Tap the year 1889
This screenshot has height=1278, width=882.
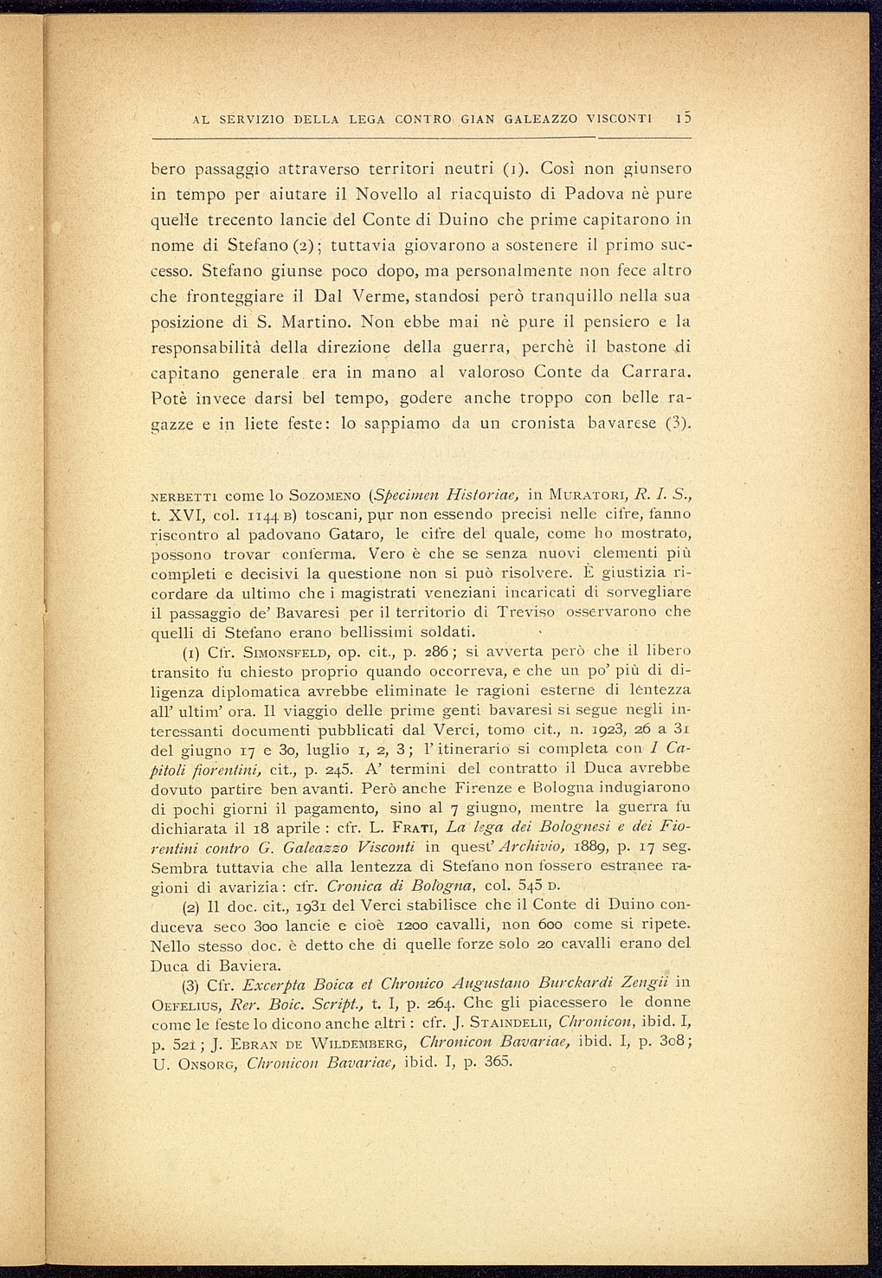[454, 847]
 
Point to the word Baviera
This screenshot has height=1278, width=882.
[229, 965]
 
